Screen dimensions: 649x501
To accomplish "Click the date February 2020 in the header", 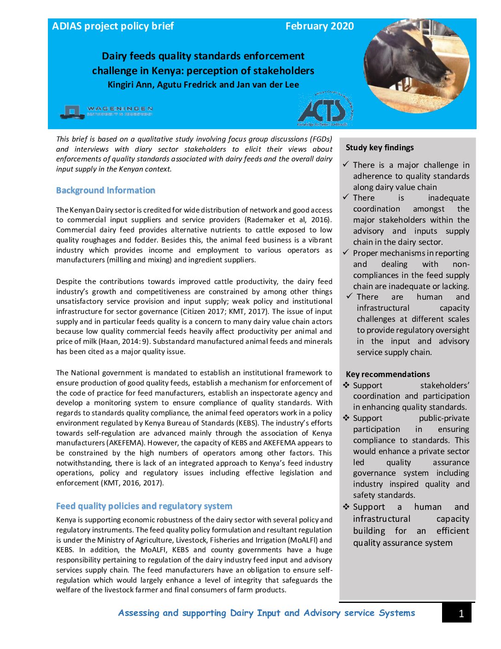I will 320,26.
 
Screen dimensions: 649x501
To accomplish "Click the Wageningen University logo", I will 106,111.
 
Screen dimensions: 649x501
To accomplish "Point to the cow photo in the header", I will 416,66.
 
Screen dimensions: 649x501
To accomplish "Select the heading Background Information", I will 105,190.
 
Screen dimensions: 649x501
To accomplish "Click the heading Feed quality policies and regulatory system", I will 144,506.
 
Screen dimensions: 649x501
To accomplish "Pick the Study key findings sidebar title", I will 379,147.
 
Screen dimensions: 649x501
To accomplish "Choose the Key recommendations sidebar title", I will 388,374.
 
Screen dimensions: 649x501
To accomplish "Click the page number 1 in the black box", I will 461,614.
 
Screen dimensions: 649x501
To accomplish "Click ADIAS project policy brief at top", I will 113,26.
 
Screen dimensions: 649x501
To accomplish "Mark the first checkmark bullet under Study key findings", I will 346,165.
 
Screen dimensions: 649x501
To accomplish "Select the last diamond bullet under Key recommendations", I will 346,507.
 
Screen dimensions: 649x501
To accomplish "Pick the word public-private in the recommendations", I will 444,419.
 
